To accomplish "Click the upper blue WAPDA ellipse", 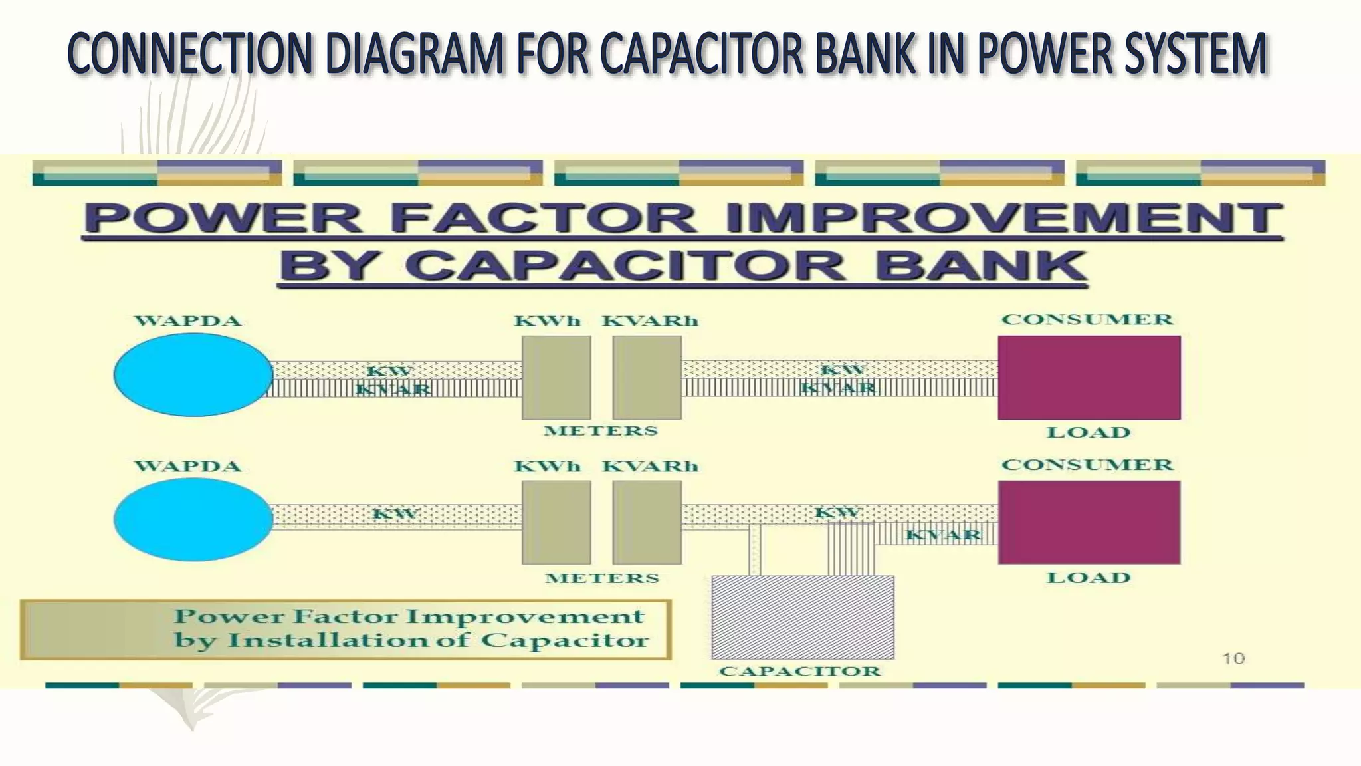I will tap(193, 375).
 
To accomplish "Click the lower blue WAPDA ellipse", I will tap(193, 519).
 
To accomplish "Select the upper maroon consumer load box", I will tap(1089, 377).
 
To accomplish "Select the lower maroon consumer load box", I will tap(1089, 522).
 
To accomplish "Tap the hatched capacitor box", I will tap(802, 617).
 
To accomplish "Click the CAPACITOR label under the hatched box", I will tap(799, 671).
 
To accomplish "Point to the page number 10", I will tap(1233, 658).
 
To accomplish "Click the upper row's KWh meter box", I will tap(556, 377).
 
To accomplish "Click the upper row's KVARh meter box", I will tap(647, 377).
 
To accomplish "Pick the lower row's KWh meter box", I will tap(556, 522).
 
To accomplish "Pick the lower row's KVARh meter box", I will tap(647, 522).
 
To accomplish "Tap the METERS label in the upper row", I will tap(601, 431).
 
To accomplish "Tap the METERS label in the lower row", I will tap(602, 578).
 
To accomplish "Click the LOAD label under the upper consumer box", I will tap(1089, 432).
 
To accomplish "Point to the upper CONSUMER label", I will tap(1087, 320).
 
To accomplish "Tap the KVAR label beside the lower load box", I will tap(943, 535).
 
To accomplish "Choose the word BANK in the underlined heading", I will tap(980, 266).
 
